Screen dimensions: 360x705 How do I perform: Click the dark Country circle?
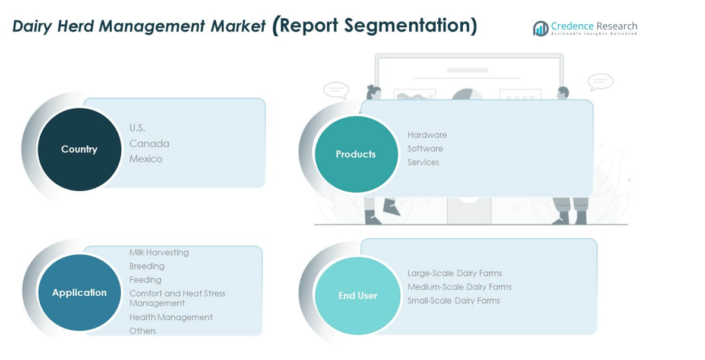[79, 149]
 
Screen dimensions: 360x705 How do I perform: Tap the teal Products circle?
[356, 154]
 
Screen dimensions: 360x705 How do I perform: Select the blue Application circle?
[79, 292]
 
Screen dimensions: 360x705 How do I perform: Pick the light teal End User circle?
[358, 295]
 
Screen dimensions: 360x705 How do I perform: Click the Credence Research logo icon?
[540, 29]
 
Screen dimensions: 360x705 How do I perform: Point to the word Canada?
[149, 144]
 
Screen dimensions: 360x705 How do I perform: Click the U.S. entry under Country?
[137, 128]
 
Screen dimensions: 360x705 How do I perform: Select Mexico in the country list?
[146, 159]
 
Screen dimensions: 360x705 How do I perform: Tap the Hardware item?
[427, 135]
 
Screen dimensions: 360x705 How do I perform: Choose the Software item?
[425, 149]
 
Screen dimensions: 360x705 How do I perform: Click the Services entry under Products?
[423, 162]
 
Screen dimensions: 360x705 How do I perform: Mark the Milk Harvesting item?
[159, 252]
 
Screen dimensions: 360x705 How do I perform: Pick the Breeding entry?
[147, 266]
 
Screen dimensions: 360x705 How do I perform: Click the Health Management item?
[170, 317]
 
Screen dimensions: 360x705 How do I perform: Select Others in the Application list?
[143, 331]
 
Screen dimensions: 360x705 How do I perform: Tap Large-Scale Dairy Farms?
[454, 273]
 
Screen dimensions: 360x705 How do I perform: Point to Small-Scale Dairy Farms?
[453, 301]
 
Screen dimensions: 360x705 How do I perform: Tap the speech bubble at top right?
[600, 82]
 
